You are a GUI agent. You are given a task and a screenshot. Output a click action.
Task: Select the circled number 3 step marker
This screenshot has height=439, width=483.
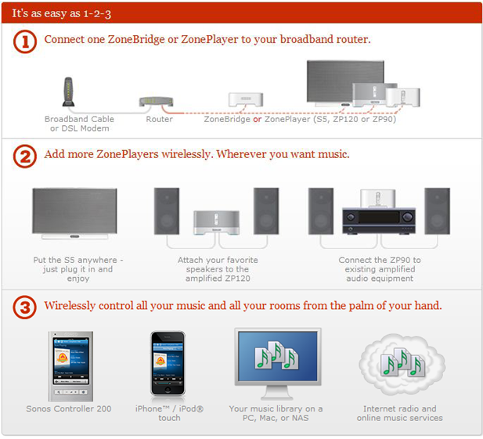click(25, 308)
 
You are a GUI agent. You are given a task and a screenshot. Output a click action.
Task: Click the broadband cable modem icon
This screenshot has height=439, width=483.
click(69, 92)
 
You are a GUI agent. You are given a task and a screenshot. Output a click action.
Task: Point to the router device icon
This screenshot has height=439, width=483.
click(155, 102)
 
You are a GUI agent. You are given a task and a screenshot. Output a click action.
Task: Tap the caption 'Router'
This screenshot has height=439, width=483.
click(159, 120)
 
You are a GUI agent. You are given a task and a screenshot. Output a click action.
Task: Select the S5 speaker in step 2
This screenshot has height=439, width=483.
click(74, 213)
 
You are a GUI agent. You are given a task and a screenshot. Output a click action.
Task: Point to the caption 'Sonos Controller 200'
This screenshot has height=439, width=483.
click(68, 409)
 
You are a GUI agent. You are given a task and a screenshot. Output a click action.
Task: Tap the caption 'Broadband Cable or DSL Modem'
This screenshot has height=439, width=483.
click(78, 124)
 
